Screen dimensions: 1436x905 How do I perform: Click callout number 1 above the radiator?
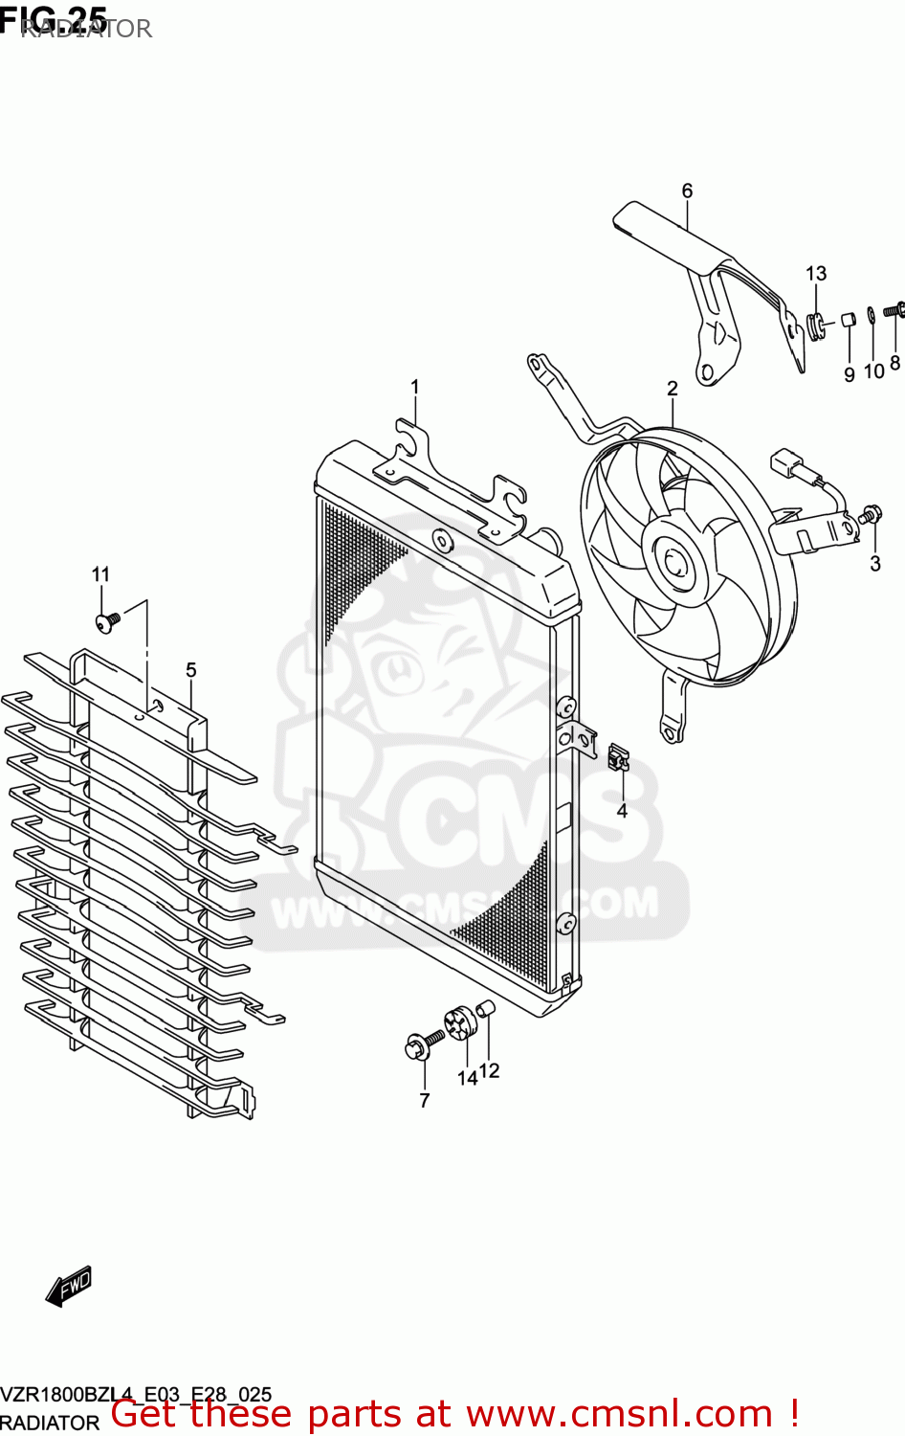pos(415,387)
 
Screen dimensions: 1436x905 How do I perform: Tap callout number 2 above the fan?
pos(673,388)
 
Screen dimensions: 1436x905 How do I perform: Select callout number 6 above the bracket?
pos(687,191)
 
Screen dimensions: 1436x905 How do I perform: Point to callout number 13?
pos(816,274)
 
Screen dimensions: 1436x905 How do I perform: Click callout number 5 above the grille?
pos(191,670)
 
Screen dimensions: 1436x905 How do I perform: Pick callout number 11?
pos(100,574)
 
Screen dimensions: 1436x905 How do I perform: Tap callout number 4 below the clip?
pos(622,811)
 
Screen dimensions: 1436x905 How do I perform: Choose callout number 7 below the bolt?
pos(425,1100)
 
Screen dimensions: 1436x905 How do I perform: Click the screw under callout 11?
pos(107,621)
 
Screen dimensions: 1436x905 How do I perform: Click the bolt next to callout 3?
pos(871,514)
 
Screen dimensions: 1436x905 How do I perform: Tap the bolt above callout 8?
pos(894,310)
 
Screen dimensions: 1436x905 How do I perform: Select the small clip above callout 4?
pos(618,757)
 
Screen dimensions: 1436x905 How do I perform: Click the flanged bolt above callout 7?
pos(421,1044)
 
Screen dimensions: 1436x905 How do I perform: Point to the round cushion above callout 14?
pos(461,1024)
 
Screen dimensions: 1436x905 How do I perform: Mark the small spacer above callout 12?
pos(485,1007)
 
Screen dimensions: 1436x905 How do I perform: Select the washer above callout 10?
pos(872,314)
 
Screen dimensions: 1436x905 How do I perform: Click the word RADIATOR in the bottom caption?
pos(50,1424)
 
